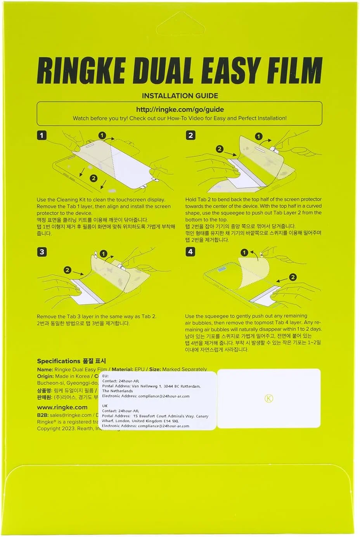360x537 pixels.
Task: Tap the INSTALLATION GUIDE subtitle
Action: pyautogui.click(x=180, y=96)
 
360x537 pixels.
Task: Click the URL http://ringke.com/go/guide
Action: pyautogui.click(x=180, y=109)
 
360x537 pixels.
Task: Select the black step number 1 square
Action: pyautogui.click(x=42, y=135)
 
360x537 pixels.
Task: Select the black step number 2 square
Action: pyautogui.click(x=190, y=135)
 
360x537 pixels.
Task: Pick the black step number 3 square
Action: pyautogui.click(x=42, y=252)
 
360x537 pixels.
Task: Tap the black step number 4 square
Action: pyautogui.click(x=190, y=252)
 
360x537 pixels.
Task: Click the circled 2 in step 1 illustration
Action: pyautogui.click(x=93, y=178)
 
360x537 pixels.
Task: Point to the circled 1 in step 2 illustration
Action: pyautogui.click(x=258, y=137)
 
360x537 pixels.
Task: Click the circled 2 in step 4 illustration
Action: pyautogui.click(x=293, y=277)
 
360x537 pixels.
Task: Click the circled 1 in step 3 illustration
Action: pyautogui.click(x=103, y=254)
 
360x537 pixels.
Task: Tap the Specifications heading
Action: pyautogui.click(x=58, y=361)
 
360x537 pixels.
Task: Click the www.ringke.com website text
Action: pyautogui.click(x=62, y=407)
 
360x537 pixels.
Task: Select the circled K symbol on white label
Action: pyautogui.click(x=269, y=398)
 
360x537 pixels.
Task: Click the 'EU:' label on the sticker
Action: pyautogui.click(x=105, y=376)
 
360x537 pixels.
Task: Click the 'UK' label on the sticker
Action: pyautogui.click(x=105, y=406)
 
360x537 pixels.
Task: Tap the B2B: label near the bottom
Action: pyautogui.click(x=43, y=415)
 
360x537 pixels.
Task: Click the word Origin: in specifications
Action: pyautogui.click(x=45, y=376)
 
